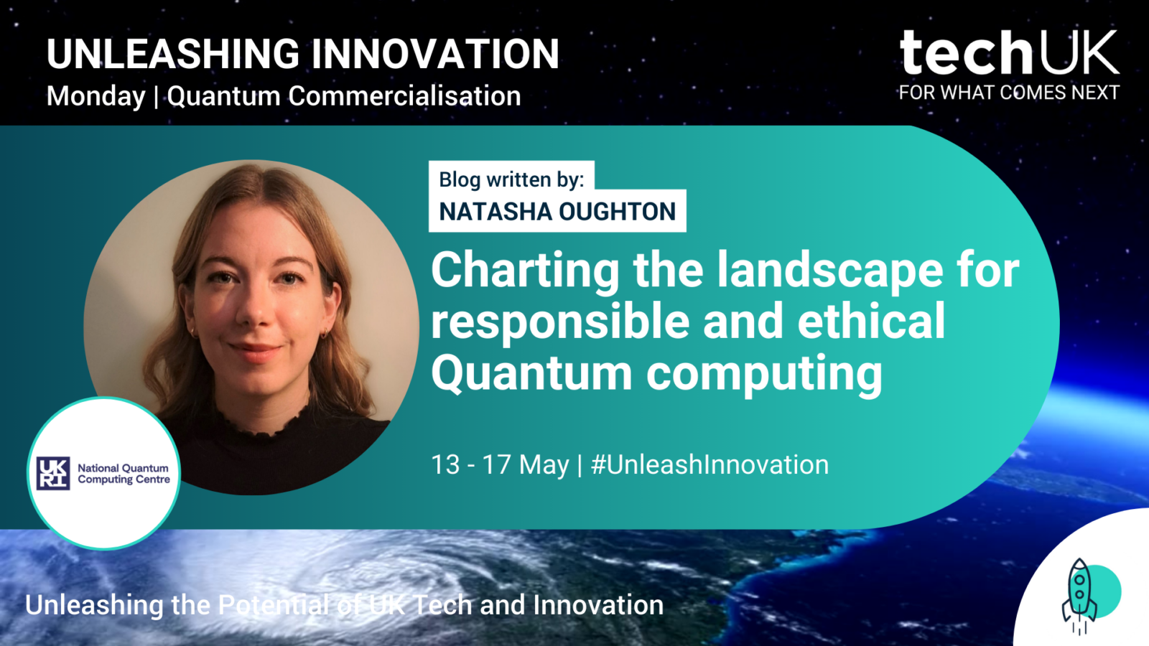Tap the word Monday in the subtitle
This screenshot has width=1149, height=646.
[96, 96]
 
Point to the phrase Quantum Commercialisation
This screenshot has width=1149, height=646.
[344, 96]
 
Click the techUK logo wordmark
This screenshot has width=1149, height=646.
[1009, 52]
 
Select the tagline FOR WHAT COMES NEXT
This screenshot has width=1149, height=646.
[1009, 93]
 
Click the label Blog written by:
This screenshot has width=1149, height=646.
[511, 179]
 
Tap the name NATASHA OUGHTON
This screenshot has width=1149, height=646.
[557, 211]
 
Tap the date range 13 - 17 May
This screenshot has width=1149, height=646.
[500, 465]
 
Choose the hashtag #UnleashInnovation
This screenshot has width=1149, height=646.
[710, 464]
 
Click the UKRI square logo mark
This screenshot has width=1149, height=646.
[53, 473]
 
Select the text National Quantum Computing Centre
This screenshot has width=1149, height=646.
[124, 473]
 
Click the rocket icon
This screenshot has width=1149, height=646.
[1079, 596]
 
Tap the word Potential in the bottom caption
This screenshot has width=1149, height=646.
[274, 605]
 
